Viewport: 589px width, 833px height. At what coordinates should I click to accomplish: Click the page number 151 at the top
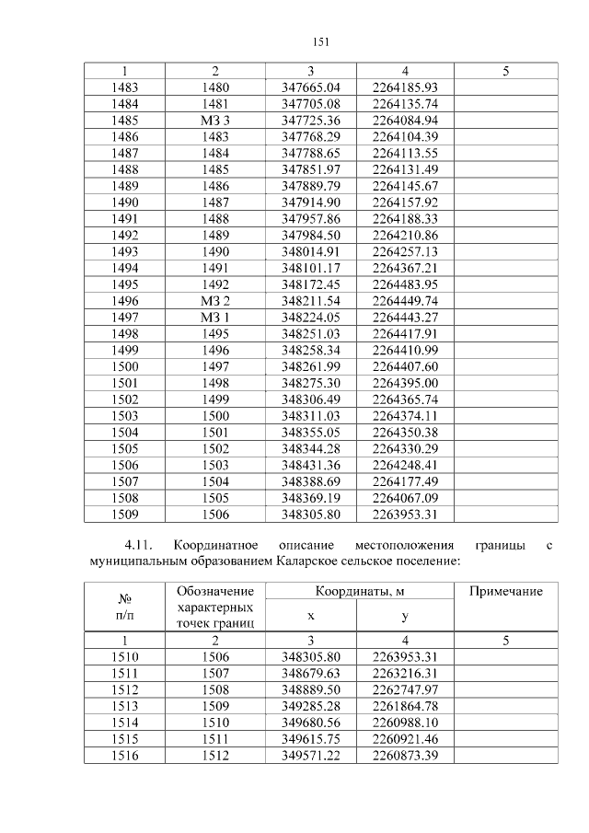coord(320,41)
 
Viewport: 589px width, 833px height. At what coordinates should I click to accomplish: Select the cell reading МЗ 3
coord(214,121)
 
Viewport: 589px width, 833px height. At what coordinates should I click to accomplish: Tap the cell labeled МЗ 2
coord(214,301)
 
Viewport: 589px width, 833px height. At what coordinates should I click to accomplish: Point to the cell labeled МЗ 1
coord(214,318)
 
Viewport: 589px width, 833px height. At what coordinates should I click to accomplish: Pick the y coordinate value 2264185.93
coord(405,87)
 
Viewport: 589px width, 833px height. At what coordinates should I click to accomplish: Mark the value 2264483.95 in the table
coord(405,284)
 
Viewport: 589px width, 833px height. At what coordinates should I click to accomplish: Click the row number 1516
coord(124,755)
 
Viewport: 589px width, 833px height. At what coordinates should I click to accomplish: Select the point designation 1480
coord(214,87)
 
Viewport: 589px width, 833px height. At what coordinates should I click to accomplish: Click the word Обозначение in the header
coord(214,590)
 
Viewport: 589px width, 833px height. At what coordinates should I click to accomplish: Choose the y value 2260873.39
coord(405,755)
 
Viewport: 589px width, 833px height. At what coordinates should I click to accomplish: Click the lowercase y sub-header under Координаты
coord(405,615)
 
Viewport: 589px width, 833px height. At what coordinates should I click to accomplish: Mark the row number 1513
coord(124,705)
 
